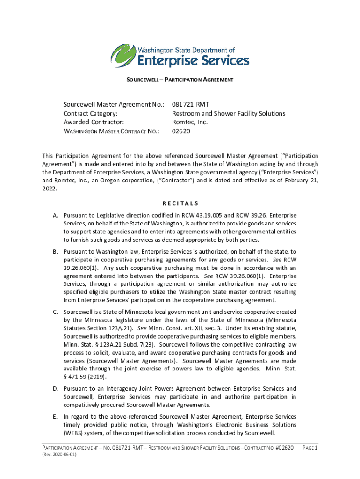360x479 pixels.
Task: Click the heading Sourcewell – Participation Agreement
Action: (180, 80)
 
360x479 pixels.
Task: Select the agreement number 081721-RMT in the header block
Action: (190, 105)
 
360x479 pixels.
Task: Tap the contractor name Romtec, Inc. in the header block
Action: (189, 122)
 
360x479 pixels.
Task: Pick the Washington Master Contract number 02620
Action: (181, 131)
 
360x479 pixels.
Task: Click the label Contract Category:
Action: (90, 114)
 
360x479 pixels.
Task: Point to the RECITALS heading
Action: (180, 203)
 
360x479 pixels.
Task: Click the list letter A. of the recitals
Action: (55, 215)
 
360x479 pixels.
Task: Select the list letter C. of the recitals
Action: (55, 312)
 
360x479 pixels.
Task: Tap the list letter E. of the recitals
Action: (55, 416)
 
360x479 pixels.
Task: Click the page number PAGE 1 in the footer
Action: (310, 448)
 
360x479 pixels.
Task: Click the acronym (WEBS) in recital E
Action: (75, 433)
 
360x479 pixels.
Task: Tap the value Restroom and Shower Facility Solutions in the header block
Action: (229, 114)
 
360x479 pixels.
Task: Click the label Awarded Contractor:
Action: (93, 122)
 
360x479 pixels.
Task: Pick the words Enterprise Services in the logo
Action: (193, 61)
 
